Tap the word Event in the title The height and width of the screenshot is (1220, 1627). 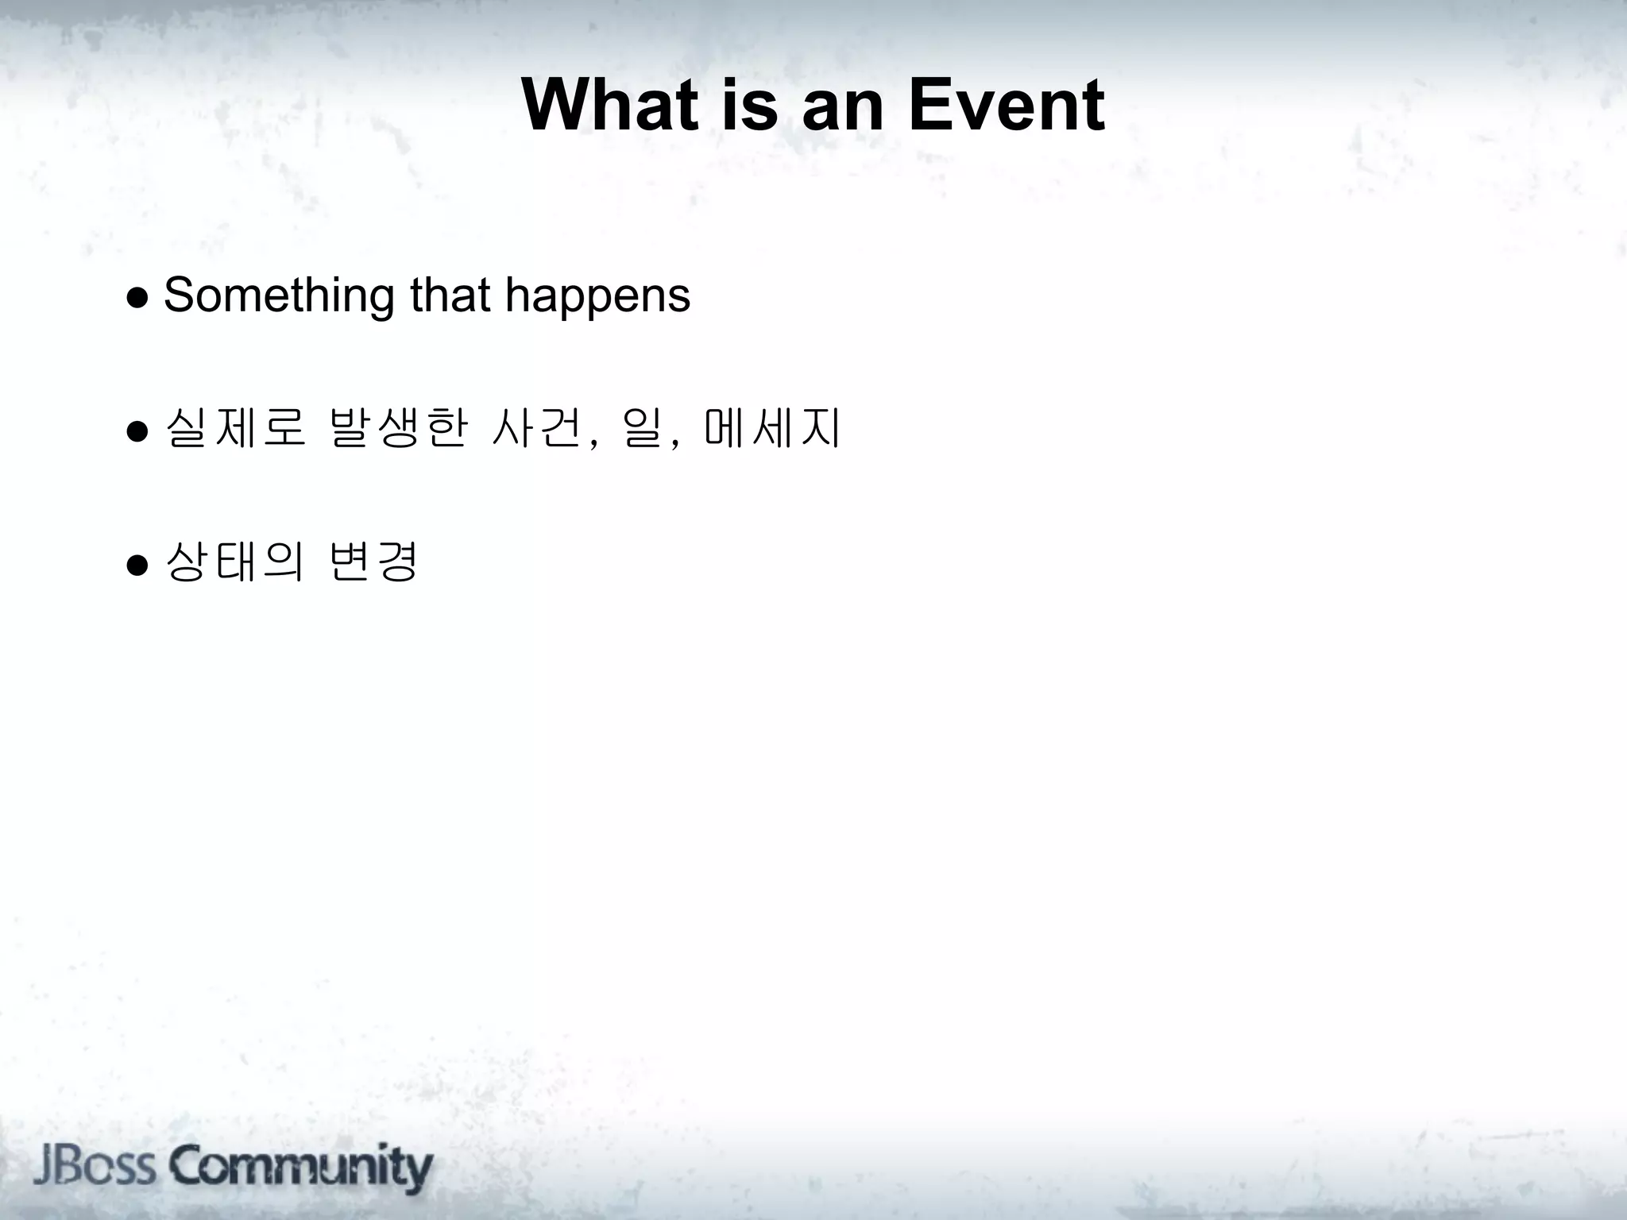pos(1005,106)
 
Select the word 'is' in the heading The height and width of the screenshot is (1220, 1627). pos(749,106)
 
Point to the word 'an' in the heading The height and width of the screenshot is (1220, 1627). pos(842,106)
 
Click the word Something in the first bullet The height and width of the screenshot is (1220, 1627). pos(278,295)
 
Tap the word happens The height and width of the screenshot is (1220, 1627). pos(597,295)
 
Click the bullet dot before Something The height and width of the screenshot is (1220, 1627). pos(137,297)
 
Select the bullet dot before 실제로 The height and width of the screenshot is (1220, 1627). pos(137,431)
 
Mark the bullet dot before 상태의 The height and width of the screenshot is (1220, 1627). pos(137,565)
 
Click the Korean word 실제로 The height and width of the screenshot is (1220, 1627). pos(235,429)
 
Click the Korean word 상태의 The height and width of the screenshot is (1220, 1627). pos(235,562)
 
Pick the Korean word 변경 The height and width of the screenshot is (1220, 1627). pos(373,562)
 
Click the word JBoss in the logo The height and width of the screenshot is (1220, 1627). pos(95,1166)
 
